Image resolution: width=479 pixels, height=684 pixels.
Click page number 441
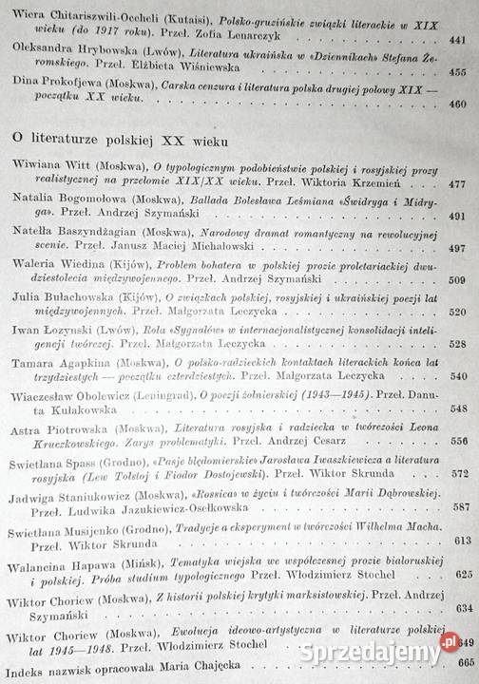[x=460, y=40]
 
